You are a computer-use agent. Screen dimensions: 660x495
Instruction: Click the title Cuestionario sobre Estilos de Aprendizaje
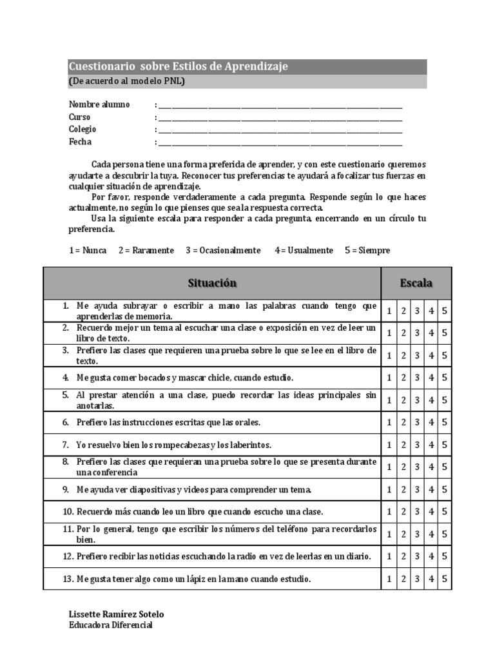tap(179, 67)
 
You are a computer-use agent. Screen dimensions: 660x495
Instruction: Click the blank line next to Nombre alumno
tap(280, 106)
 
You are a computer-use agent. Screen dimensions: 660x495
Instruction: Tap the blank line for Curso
tap(280, 118)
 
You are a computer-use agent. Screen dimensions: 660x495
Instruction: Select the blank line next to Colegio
tap(280, 130)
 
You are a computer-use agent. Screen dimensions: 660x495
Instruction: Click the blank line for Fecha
tap(280, 143)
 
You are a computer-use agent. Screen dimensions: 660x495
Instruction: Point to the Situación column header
tap(212, 283)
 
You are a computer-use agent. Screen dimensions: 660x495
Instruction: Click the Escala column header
tap(416, 283)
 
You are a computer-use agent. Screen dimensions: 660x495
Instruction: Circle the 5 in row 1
tap(445, 311)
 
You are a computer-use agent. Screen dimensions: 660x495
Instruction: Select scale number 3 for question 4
tap(417, 378)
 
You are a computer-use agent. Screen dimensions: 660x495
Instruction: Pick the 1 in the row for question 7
tap(389, 445)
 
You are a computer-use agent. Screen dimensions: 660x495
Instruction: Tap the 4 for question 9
tap(431, 490)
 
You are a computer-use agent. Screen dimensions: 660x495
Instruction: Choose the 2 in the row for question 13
tap(403, 579)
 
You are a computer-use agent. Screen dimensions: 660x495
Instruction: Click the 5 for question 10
tap(445, 512)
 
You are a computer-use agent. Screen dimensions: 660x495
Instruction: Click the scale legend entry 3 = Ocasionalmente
tap(223, 250)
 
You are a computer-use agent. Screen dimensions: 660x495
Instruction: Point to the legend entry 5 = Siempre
tap(367, 250)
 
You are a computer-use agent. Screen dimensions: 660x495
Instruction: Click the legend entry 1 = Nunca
tap(88, 250)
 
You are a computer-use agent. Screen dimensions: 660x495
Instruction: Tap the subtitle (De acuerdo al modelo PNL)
tap(126, 81)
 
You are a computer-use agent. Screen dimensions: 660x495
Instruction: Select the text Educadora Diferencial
tap(111, 625)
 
